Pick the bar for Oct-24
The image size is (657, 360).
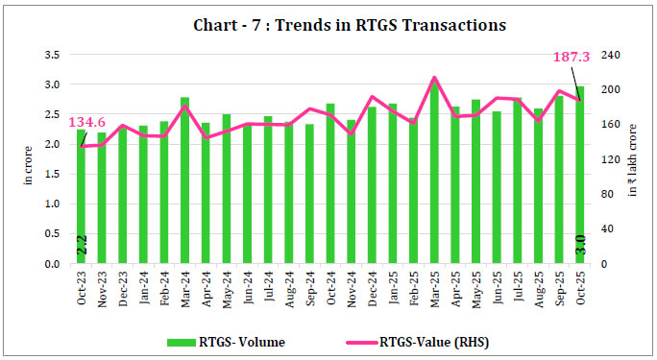pyautogui.click(x=330, y=187)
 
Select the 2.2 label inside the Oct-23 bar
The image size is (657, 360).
pyautogui.click(x=82, y=246)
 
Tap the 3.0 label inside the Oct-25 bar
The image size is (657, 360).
pyautogui.click(x=580, y=246)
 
